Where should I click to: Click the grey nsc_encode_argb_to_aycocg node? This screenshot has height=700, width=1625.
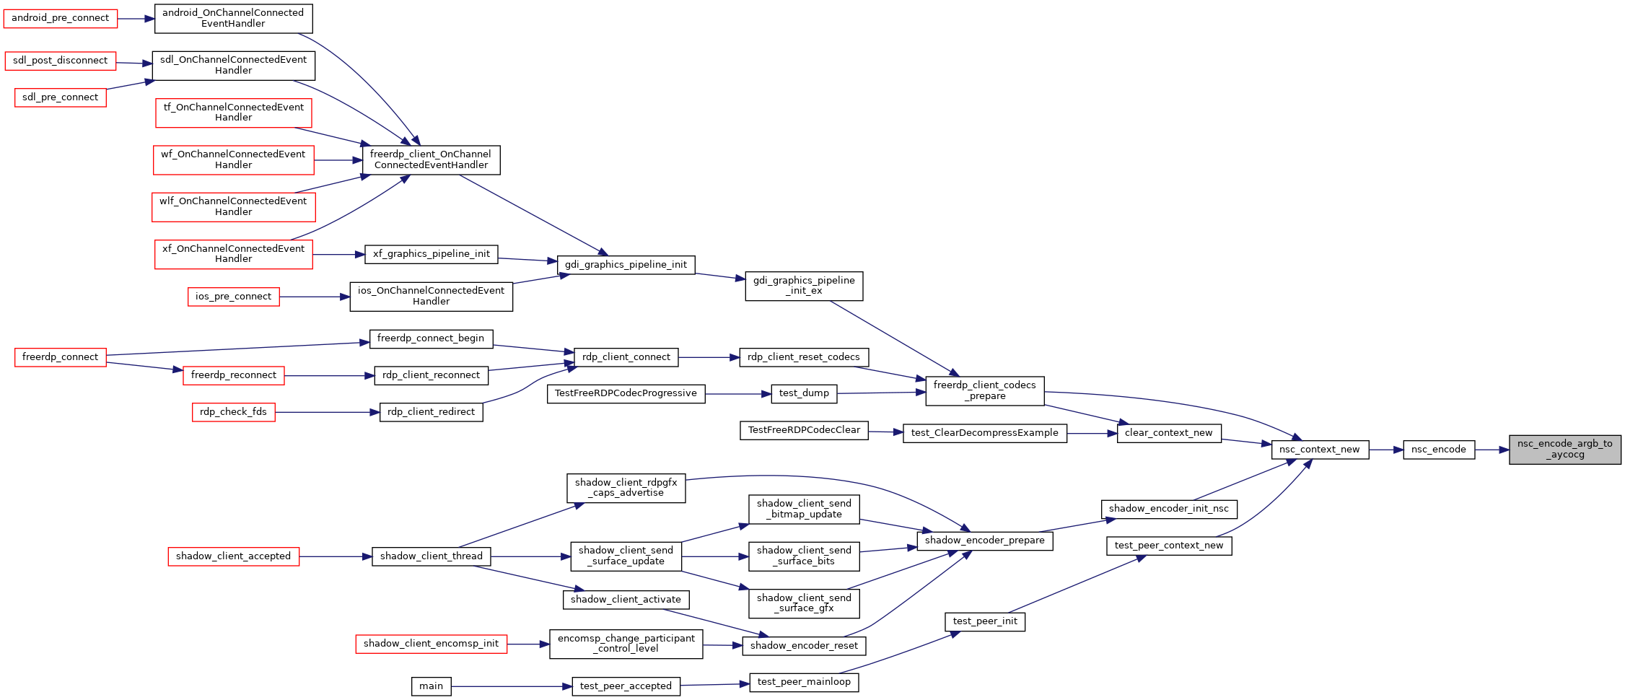pyautogui.click(x=1564, y=450)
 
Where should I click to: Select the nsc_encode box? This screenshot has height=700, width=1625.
pyautogui.click(x=1439, y=450)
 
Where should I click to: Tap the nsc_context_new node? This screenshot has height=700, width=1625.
pyautogui.click(x=1320, y=450)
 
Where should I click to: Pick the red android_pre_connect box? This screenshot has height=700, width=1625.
pyautogui.click(x=61, y=18)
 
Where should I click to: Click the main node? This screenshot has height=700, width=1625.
pyautogui.click(x=432, y=686)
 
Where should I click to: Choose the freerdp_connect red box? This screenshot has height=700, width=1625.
pyautogui.click(x=61, y=357)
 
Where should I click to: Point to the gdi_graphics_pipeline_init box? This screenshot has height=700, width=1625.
pyautogui.click(x=626, y=265)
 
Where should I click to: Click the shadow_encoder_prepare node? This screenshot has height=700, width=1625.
pyautogui.click(x=985, y=541)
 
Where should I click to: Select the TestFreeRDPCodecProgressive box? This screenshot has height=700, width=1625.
pyautogui.click(x=626, y=394)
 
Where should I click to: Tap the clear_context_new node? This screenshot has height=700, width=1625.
pyautogui.click(x=1169, y=433)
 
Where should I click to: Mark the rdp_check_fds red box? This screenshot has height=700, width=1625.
pyautogui.click(x=234, y=412)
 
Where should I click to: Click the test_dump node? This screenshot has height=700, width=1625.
pyautogui.click(x=805, y=394)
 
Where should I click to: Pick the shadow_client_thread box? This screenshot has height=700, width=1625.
pyautogui.click(x=432, y=556)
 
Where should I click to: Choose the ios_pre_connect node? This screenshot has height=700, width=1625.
pyautogui.click(x=234, y=297)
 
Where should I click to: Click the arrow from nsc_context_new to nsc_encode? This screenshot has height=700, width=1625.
pyautogui.click(x=1386, y=450)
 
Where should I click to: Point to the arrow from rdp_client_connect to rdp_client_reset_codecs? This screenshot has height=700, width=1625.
pyautogui.click(x=709, y=357)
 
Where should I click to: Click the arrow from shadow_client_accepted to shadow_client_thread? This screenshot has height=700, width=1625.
pyautogui.click(x=336, y=556)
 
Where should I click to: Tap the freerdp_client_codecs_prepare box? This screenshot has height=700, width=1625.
pyautogui.click(x=985, y=390)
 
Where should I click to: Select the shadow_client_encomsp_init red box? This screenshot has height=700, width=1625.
pyautogui.click(x=432, y=644)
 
